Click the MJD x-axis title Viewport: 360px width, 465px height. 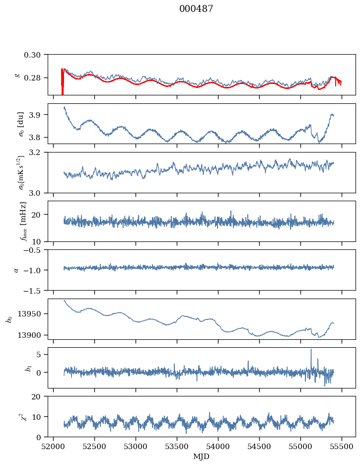[x=201, y=456]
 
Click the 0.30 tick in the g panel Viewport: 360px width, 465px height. [x=36, y=54]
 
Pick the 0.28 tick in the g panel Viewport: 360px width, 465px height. [x=36, y=78]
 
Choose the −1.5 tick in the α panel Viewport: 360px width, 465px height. [x=35, y=290]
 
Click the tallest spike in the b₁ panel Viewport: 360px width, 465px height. [x=311, y=350]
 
